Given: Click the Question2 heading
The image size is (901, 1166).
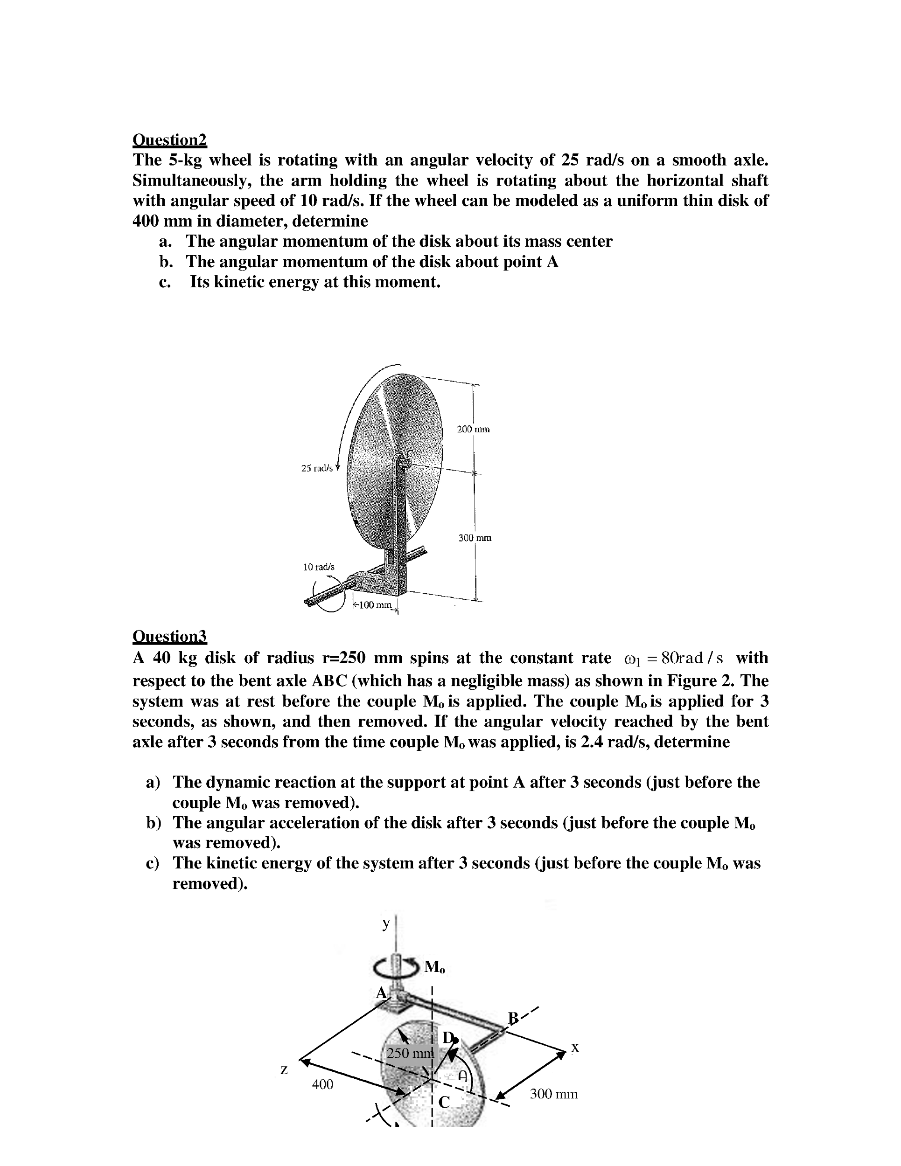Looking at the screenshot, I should pos(169,140).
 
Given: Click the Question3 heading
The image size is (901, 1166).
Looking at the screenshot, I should pos(169,636).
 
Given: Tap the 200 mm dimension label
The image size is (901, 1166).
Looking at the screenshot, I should pos(473,429).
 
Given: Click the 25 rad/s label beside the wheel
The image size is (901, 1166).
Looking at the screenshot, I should pos(317,468).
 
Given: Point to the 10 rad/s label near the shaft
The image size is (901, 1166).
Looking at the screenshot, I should pos(318,567).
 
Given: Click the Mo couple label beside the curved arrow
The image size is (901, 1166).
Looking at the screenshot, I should pos(434,967).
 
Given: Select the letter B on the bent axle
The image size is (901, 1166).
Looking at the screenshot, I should pos(513,1018).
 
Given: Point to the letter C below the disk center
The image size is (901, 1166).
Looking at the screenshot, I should pos(444,1101).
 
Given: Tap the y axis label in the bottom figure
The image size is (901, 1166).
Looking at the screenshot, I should pos(385,923).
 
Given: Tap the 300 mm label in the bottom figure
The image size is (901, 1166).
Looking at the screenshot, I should pos(553,1094).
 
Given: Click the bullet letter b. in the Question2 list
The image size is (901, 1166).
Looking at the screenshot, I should pos(166,262).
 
